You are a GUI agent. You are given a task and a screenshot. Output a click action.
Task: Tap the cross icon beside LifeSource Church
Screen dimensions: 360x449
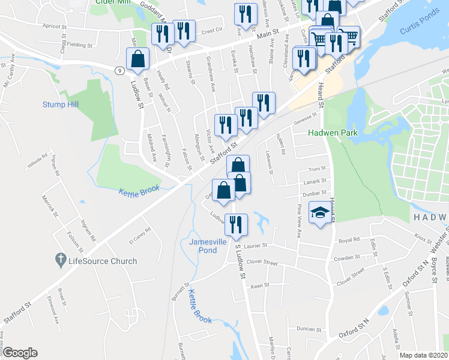coord(60,260)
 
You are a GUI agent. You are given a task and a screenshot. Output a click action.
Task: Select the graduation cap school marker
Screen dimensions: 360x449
coord(319,212)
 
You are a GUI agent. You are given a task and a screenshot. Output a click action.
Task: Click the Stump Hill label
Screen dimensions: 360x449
coord(61,104)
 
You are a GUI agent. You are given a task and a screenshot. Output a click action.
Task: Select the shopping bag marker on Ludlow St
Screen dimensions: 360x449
coord(138,59)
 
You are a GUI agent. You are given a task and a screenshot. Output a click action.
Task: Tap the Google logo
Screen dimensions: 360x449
coord(20,352)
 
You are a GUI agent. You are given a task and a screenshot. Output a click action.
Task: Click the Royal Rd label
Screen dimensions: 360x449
coord(349,241)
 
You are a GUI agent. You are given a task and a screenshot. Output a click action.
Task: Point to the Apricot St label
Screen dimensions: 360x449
coord(57,26)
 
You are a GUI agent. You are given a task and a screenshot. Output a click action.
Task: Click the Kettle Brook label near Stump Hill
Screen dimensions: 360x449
coord(139,190)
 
